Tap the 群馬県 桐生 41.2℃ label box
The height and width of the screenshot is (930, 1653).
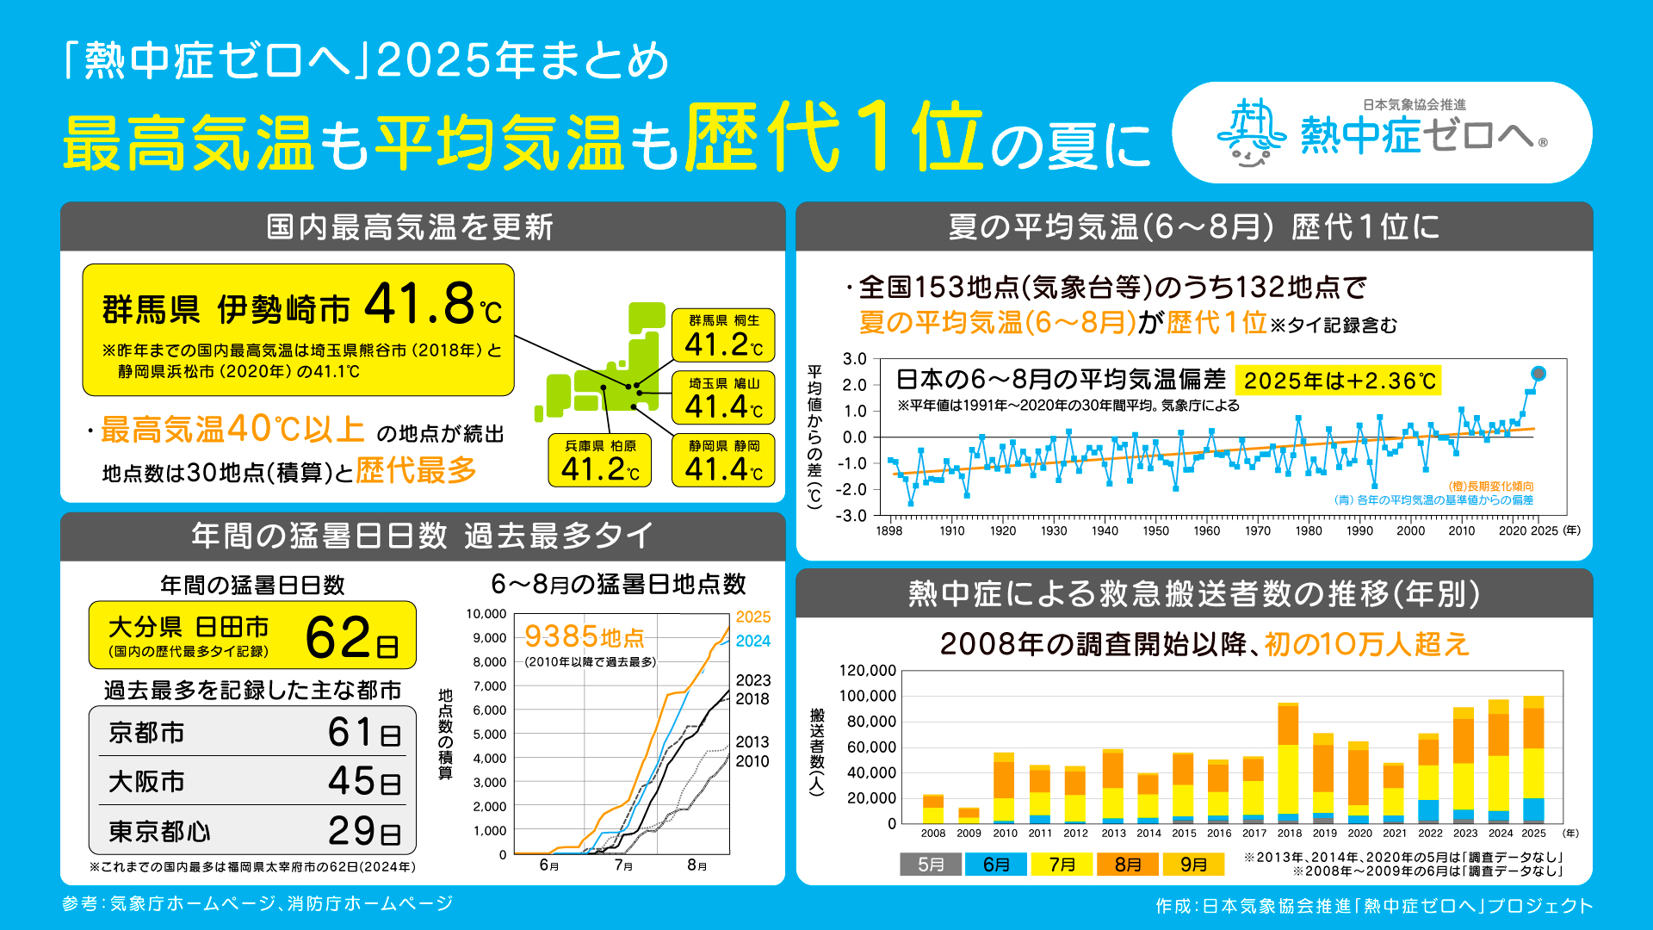[x=723, y=335]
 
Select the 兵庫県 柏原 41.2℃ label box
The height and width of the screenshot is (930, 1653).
[x=600, y=460]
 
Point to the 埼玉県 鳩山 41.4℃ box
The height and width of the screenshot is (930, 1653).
[x=723, y=398]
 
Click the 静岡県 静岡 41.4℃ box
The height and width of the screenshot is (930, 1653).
[x=723, y=460]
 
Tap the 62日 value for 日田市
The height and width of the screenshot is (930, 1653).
[x=351, y=638]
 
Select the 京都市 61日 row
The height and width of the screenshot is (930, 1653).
[x=252, y=733]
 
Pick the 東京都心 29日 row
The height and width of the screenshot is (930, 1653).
[x=252, y=831]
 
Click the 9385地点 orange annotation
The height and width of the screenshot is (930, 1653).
[x=584, y=637]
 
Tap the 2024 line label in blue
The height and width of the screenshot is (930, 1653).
[x=752, y=641]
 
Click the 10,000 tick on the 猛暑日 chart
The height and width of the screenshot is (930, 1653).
[x=486, y=614]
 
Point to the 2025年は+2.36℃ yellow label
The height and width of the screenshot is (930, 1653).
[x=1339, y=381]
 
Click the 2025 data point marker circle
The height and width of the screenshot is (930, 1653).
[x=1538, y=374]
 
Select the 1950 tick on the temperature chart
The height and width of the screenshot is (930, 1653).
[x=1155, y=530]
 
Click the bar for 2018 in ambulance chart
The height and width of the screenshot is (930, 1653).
[x=1288, y=763]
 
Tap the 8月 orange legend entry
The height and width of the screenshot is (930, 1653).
[x=1128, y=864]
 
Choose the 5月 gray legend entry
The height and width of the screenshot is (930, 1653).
[x=931, y=864]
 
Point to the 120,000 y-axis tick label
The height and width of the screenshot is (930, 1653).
[x=867, y=670]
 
